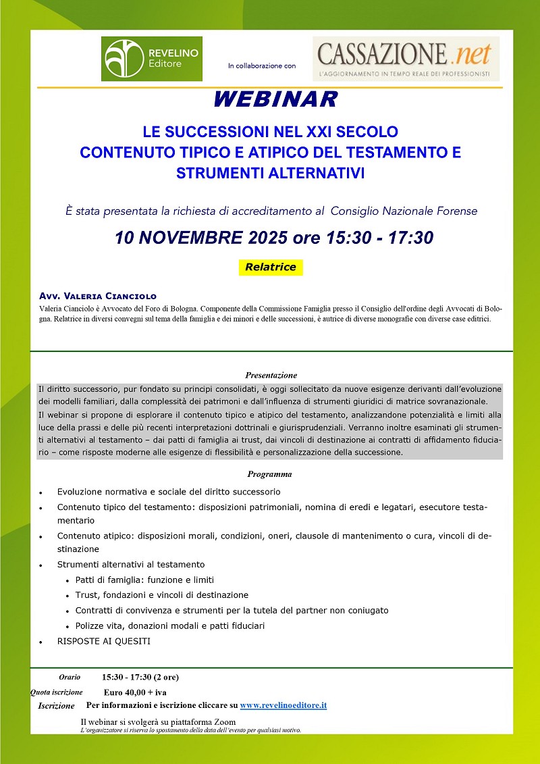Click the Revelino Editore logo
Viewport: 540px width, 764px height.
click(151, 59)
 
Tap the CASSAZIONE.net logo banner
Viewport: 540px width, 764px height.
click(406, 59)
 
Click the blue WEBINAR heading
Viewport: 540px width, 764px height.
click(275, 100)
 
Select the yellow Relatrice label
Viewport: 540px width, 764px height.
click(271, 267)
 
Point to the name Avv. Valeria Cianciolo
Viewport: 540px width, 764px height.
click(98, 296)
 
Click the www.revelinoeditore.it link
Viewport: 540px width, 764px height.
click(283, 705)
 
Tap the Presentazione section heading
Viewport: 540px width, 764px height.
click(271, 375)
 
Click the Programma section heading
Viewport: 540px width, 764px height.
click(269, 474)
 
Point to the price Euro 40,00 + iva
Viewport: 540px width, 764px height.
click(135, 692)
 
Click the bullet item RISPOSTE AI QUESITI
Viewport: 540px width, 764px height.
click(104, 641)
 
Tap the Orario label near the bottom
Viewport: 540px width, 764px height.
click(70, 677)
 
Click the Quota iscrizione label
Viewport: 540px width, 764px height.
click(57, 692)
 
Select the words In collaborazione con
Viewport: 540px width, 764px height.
click(262, 66)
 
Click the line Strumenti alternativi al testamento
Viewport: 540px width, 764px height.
click(131, 564)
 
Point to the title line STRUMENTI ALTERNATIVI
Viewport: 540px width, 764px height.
click(270, 173)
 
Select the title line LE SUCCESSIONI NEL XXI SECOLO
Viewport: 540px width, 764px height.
click(270, 131)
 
